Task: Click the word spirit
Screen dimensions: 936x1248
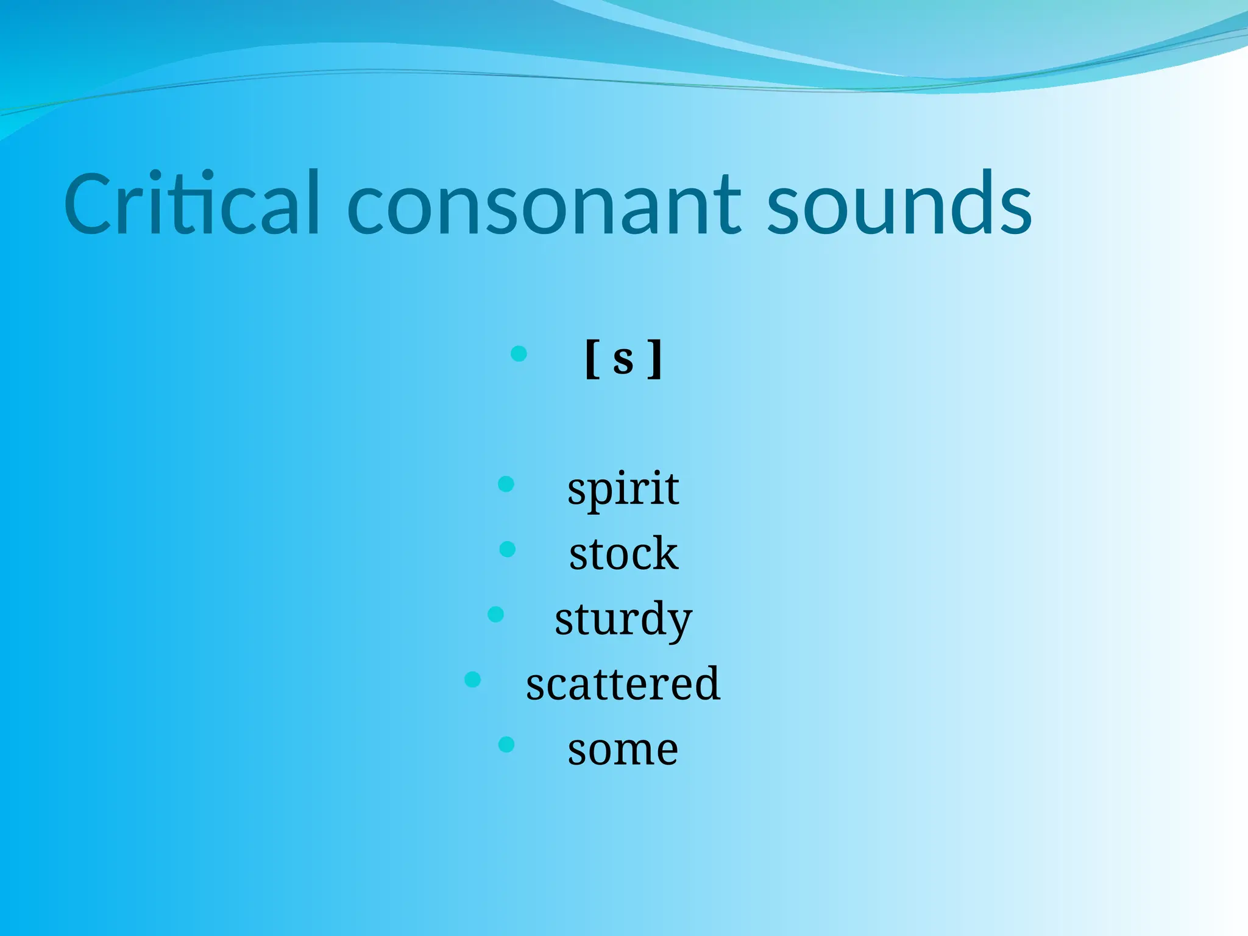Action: click(623, 489)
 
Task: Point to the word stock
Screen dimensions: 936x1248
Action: click(623, 554)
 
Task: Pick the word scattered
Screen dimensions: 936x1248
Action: click(623, 684)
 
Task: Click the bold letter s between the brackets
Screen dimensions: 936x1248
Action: click(623, 360)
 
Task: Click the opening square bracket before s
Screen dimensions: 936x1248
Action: click(590, 360)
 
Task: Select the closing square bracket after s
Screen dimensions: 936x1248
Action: click(656, 360)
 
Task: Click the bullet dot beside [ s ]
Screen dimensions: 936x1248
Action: click(519, 353)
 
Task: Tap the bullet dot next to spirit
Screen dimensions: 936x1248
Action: click(506, 484)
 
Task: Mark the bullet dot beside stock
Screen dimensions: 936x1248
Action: click(507, 550)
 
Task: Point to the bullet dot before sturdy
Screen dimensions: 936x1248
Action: click(496, 614)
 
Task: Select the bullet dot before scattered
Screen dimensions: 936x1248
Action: click(472, 679)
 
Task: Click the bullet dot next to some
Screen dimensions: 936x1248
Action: click(506, 744)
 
